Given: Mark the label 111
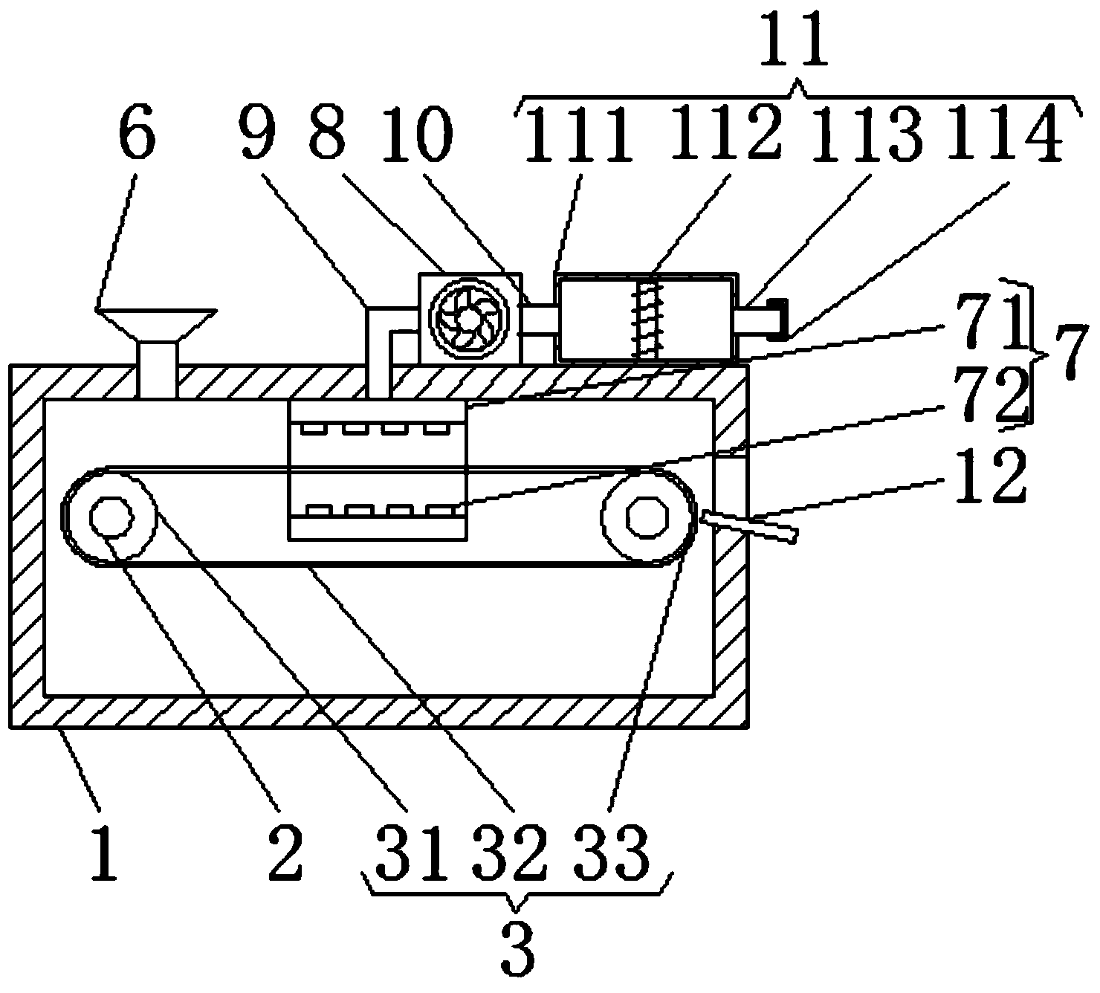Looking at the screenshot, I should pyautogui.click(x=578, y=134).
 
